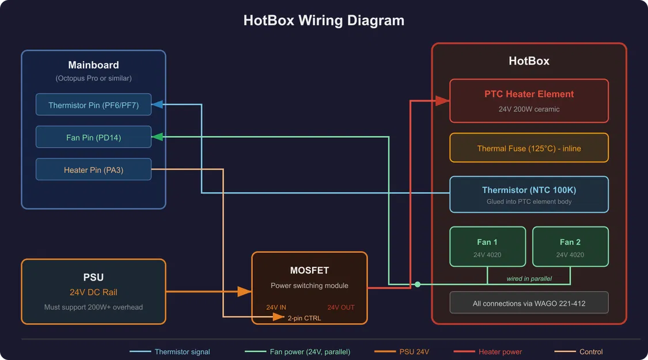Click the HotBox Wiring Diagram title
[324, 21]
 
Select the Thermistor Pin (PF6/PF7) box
[93, 105]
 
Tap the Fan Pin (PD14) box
[93, 138]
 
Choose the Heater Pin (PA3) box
[93, 170]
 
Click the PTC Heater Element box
[529, 101]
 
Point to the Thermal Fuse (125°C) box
[529, 148]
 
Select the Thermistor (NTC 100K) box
[529, 195]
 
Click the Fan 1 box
[487, 247]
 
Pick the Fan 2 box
[570, 247]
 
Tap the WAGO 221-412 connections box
[529, 303]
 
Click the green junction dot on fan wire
[418, 284]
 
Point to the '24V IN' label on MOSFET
[276, 308]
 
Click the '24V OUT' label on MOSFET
[341, 308]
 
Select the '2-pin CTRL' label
[305, 318]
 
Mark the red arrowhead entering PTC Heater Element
[442, 101]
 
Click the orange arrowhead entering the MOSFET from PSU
[244, 292]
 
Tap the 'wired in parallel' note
[529, 279]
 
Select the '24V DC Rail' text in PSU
[93, 292]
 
